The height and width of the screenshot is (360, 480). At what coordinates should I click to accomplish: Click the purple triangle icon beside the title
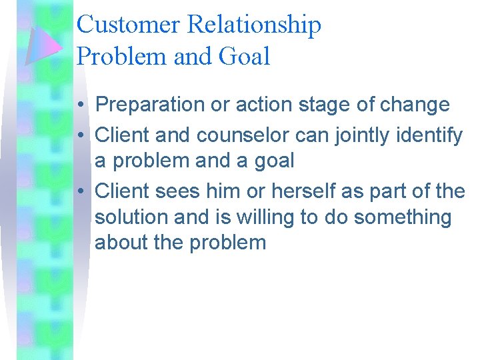[x=43, y=45]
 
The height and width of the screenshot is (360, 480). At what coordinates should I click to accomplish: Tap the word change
[x=417, y=105]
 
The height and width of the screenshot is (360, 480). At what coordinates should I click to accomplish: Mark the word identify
[x=431, y=136]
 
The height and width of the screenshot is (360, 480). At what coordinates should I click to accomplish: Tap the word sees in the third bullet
[x=177, y=191]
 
